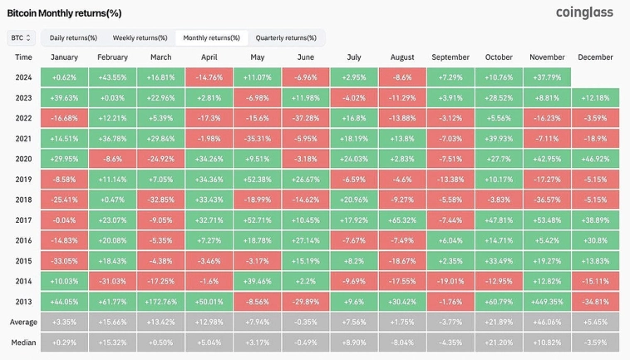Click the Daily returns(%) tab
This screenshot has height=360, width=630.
73,37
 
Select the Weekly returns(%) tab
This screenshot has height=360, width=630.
140,37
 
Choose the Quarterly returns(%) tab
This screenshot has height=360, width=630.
286,37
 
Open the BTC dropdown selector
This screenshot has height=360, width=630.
21,37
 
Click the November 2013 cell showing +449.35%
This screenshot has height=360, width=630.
547,301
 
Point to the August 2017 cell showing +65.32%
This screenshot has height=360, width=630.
402,219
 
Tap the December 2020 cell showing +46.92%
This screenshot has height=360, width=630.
594,159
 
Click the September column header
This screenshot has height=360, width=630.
450,57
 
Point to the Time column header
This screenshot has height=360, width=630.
23,57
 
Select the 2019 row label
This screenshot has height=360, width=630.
23,179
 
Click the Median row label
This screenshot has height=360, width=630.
23,342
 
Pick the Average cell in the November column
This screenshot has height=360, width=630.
547,321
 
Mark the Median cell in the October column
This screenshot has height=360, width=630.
499,342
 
